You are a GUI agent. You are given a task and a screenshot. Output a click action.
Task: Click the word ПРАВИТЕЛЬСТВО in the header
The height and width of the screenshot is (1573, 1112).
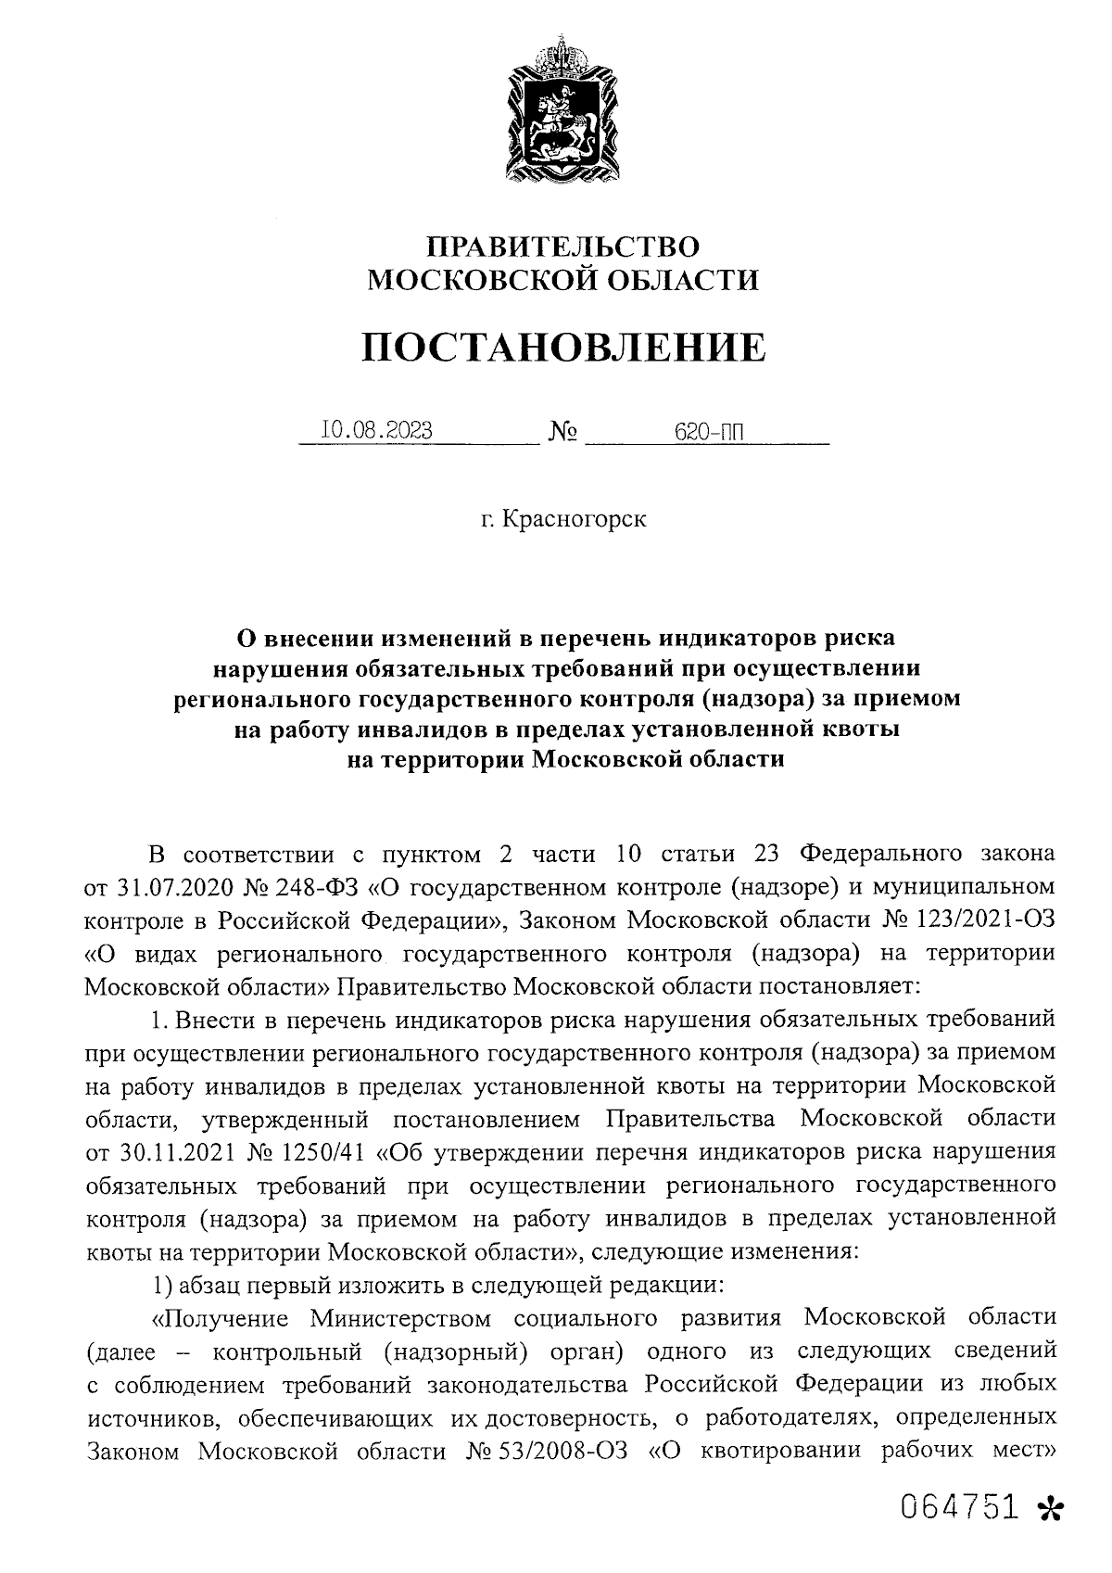click(x=563, y=247)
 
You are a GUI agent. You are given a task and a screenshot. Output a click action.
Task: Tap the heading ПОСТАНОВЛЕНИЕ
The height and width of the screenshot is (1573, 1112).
click(x=563, y=348)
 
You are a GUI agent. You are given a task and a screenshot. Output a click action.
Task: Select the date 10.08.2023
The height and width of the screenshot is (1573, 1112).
click(x=376, y=430)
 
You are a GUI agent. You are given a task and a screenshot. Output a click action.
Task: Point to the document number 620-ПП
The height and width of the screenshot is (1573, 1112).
click(x=711, y=431)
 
